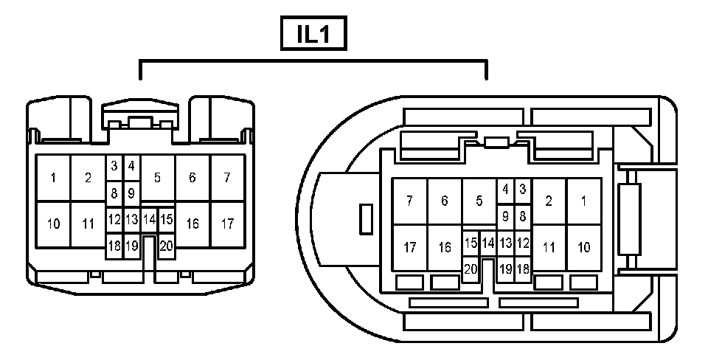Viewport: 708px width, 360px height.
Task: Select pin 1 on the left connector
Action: coord(53,178)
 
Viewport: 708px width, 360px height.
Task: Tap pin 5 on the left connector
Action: coord(157,178)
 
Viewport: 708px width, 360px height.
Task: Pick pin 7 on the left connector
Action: coord(227,178)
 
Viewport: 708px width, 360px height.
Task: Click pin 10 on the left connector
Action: coord(53,224)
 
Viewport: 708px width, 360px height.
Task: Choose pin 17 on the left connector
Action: coord(227,224)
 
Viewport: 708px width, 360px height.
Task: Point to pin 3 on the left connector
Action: coord(114,166)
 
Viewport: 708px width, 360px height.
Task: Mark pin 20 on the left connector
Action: coord(166,246)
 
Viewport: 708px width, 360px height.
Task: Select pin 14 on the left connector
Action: coord(149,219)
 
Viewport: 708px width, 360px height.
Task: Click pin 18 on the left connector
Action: coord(114,246)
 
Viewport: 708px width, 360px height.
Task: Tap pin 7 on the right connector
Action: coord(409,201)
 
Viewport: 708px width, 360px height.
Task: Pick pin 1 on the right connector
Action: coord(584,201)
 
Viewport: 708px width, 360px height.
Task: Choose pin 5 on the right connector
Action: coord(479,201)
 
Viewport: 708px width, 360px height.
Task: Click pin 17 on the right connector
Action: coord(409,248)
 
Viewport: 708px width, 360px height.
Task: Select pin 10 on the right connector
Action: coord(584,248)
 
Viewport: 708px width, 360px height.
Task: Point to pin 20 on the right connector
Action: coord(471,269)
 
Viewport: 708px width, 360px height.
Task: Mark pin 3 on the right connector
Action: coord(523,189)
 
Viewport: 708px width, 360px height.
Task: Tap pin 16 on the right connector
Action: coord(445,248)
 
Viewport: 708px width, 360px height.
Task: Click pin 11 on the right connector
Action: coord(549,248)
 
